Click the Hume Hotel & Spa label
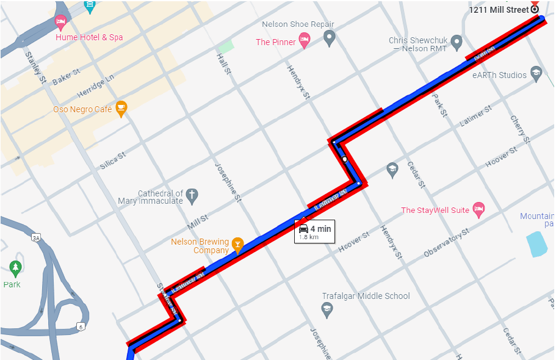point(89,37)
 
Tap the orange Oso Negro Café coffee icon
point(121,108)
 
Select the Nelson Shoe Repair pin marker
point(330,39)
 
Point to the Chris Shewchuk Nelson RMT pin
point(457,43)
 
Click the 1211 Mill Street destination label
point(499,10)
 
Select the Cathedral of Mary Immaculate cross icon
point(192,195)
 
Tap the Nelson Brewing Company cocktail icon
point(237,245)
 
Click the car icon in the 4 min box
point(303,229)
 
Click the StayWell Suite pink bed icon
point(478,210)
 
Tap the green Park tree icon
point(15,267)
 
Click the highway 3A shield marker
point(36,237)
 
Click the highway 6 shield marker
point(80,327)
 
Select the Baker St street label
point(66,76)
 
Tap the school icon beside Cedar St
point(392,169)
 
